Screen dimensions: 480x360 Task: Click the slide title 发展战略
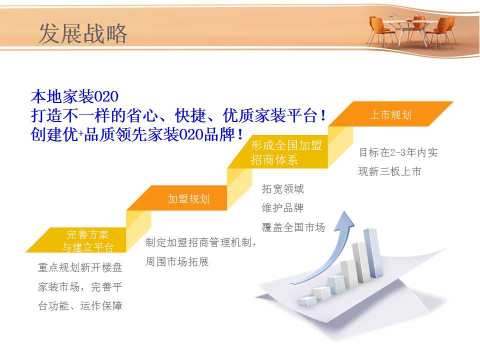coord(83,33)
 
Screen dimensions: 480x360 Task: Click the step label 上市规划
coord(390,115)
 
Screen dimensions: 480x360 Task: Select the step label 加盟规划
coord(188,199)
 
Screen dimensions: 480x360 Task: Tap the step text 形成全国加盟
coord(286,145)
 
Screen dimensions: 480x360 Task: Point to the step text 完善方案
coord(87,234)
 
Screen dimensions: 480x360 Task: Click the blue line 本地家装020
coord(74,96)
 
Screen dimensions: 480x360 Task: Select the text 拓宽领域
coord(283,189)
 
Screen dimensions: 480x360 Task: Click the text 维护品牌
coord(283,208)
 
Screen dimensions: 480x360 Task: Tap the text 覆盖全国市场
coord(293,227)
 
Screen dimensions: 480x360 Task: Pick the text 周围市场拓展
coord(177,261)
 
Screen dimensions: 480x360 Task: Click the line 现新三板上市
coord(389,171)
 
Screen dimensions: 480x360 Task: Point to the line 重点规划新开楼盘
coord(80,267)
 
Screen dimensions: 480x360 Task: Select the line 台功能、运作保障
coord(80,306)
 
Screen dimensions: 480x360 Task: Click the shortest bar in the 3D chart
coord(307,301)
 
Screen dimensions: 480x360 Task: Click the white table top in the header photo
coord(409,21)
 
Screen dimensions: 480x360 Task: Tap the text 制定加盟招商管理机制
coord(198,242)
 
